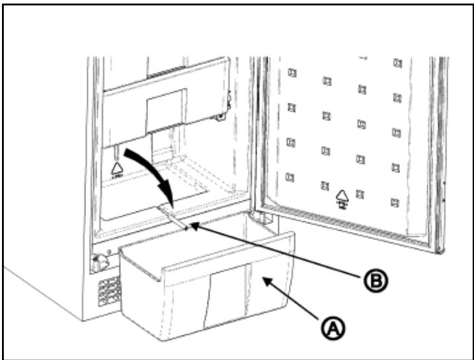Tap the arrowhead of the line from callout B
point(191,228)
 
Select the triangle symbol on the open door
point(342,196)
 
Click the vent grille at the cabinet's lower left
point(110,290)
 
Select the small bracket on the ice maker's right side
point(227,100)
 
